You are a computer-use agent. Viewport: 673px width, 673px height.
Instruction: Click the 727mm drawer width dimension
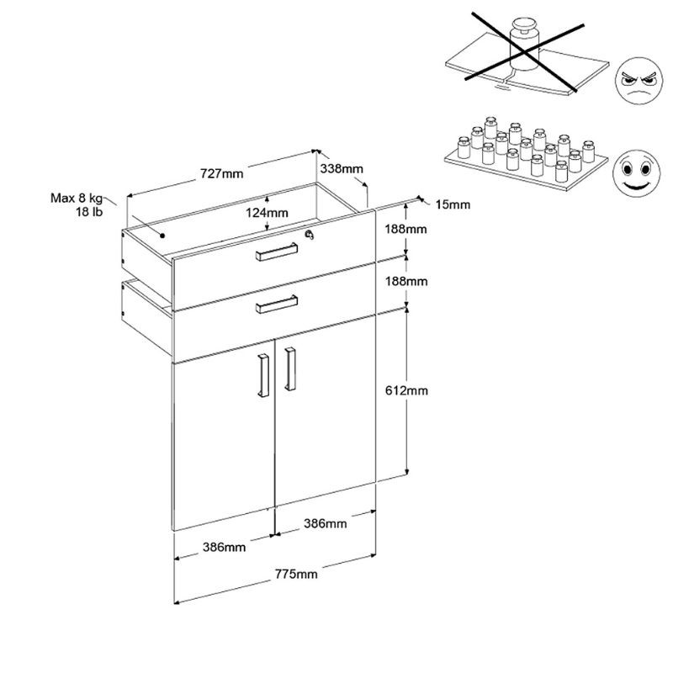tap(221, 173)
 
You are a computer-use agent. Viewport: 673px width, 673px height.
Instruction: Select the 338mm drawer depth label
tap(342, 169)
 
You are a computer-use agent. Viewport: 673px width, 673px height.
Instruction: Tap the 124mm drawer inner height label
tap(267, 213)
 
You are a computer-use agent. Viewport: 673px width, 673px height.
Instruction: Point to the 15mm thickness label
tap(453, 204)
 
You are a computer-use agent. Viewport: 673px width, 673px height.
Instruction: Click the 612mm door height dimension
tap(406, 390)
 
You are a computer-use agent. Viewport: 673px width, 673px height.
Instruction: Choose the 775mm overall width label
tap(296, 574)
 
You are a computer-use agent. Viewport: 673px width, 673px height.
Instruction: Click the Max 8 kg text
tap(77, 198)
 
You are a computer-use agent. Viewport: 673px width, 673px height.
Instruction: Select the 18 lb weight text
tap(89, 212)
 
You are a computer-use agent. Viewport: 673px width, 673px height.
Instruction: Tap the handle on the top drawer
tap(277, 252)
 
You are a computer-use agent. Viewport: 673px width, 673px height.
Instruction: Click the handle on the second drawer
tap(277, 305)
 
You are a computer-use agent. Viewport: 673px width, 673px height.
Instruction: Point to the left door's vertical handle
tap(263, 375)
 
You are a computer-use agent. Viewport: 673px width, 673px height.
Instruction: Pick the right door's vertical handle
tap(290, 369)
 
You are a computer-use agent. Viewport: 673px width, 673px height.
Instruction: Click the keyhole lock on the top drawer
tap(309, 235)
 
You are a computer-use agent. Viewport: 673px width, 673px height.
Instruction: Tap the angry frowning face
tap(639, 81)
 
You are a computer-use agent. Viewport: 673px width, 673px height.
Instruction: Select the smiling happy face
tap(636, 173)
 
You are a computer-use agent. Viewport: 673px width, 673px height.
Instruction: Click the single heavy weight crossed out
tap(523, 45)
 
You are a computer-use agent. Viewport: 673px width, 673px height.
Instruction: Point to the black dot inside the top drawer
tap(162, 236)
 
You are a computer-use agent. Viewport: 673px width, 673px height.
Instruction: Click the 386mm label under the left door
tap(224, 548)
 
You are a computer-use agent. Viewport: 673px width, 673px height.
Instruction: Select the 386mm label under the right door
tap(326, 523)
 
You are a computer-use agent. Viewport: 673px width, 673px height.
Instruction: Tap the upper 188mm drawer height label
tap(405, 229)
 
